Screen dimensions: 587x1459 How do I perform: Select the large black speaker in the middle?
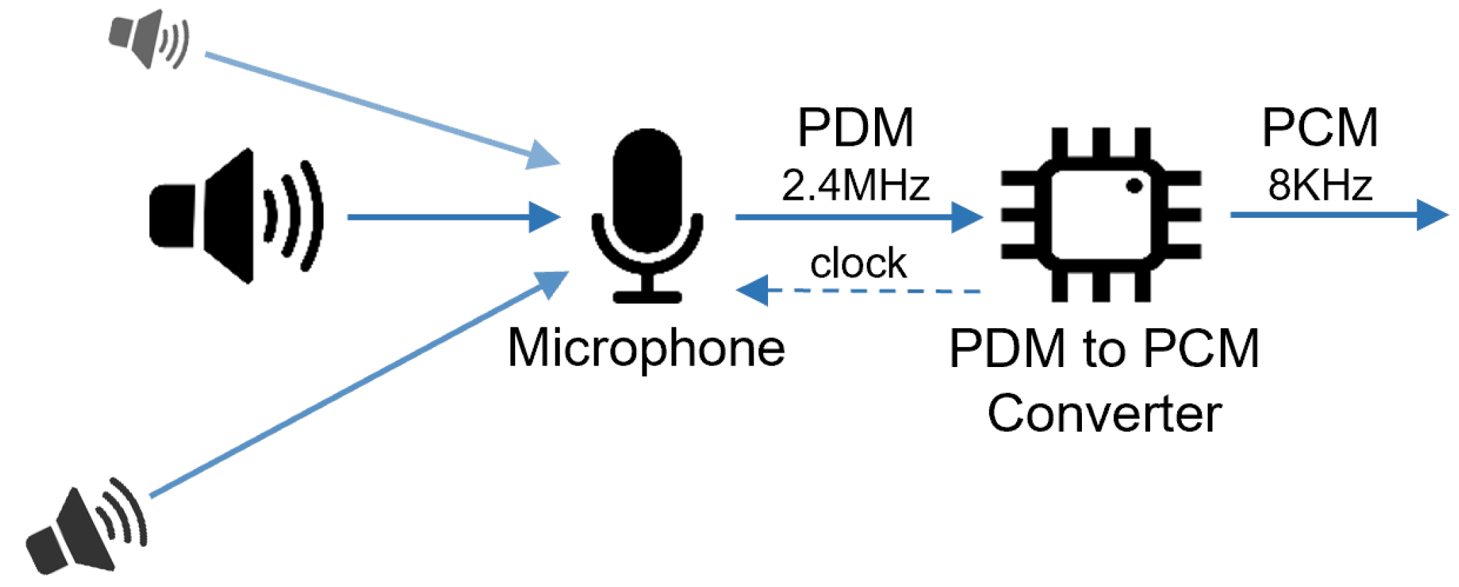pyautogui.click(x=233, y=216)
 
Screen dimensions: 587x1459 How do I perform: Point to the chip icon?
pyautogui.click(x=1101, y=215)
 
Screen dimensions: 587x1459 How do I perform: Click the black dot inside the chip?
pyautogui.click(x=1134, y=186)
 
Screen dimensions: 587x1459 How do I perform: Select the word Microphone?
pyautogui.click(x=647, y=348)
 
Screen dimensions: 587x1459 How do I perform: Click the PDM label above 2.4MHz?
pyautogui.click(x=855, y=128)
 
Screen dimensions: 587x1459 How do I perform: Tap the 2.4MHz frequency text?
pyautogui.click(x=855, y=186)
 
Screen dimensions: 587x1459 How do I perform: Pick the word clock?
pyautogui.click(x=858, y=264)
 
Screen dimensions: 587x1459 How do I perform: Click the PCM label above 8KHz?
pyautogui.click(x=1319, y=128)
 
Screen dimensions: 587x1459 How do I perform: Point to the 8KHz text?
pyautogui.click(x=1319, y=186)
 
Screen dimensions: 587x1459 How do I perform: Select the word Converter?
pyautogui.click(x=1104, y=414)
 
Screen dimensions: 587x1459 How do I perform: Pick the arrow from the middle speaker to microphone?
pyautogui.click(x=451, y=216)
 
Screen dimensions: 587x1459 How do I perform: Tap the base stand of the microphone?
pyautogui.click(x=647, y=297)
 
